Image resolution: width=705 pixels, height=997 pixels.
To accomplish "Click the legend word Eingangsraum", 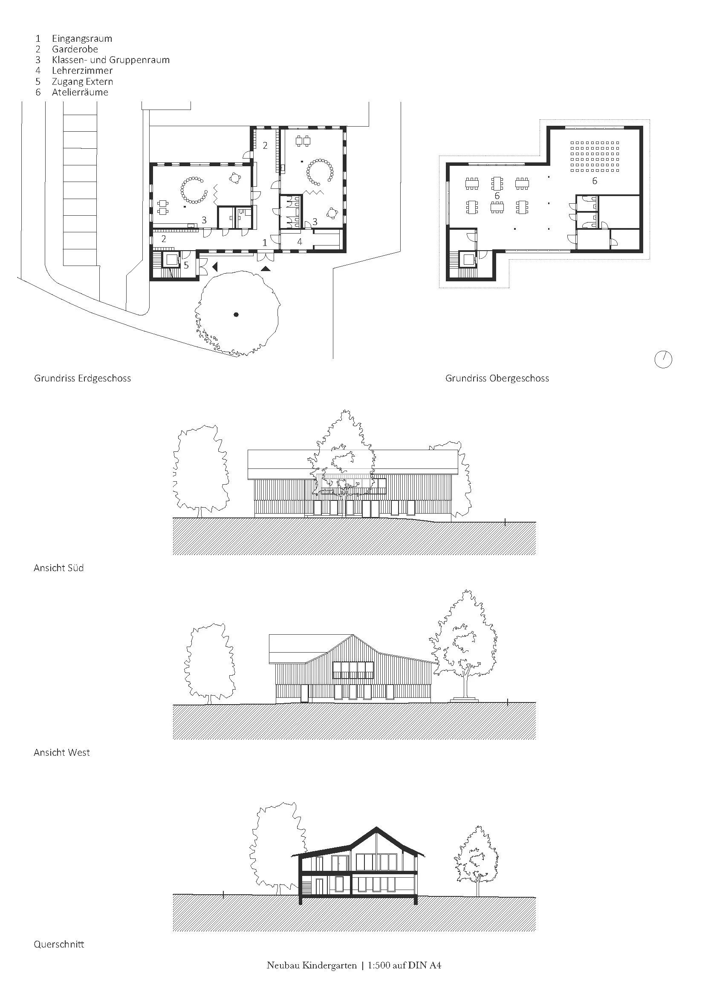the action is [x=82, y=39].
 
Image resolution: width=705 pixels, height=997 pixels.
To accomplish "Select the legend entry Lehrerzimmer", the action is [x=82, y=70].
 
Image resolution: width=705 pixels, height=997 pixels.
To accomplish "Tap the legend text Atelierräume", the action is [x=80, y=92].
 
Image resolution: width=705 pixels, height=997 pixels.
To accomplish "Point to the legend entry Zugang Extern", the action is [x=83, y=82].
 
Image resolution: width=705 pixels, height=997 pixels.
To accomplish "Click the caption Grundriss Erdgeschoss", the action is [x=83, y=378].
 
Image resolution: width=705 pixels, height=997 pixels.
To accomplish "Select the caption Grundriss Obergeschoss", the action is [x=497, y=378].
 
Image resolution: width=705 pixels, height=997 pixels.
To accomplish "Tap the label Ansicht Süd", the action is [x=58, y=568].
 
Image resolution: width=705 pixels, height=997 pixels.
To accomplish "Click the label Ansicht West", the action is [x=62, y=752].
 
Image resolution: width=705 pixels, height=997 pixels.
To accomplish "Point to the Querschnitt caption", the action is [x=59, y=945].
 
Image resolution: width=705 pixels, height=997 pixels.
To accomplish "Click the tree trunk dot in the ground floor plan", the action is [x=236, y=315].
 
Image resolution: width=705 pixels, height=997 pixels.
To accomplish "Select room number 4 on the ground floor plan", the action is [x=300, y=242].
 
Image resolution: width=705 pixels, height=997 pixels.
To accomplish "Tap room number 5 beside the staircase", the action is [x=186, y=265].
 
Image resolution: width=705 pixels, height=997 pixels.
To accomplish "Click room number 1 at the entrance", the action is [x=265, y=243].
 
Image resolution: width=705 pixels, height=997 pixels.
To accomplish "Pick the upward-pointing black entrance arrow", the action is [x=265, y=269].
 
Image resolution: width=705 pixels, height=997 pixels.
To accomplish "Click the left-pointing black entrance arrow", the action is [x=214, y=266].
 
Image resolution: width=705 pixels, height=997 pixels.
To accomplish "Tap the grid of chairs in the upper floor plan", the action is [x=594, y=156].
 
